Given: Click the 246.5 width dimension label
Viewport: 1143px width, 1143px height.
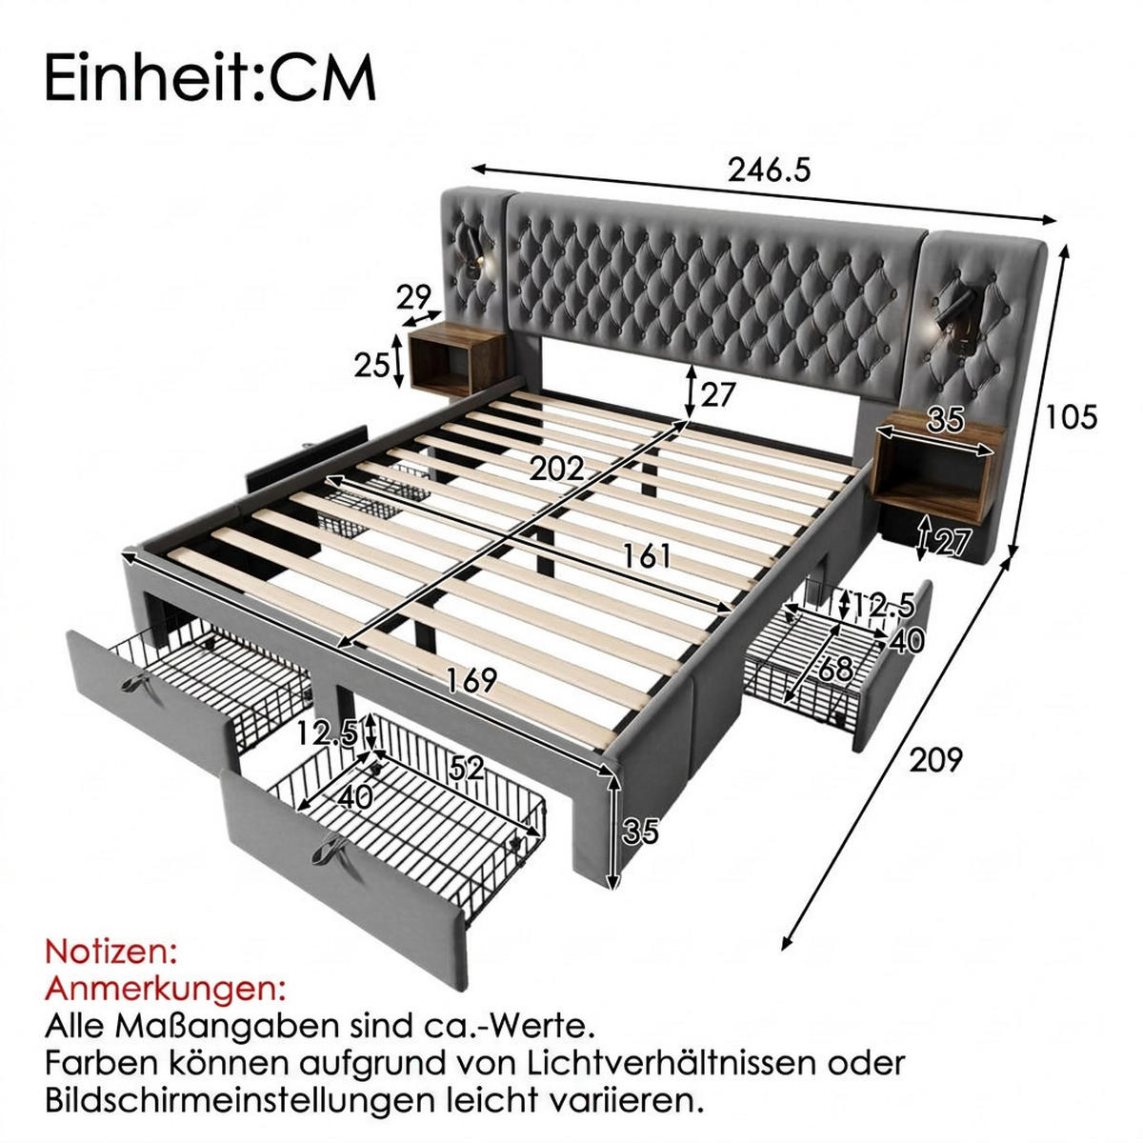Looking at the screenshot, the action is (769, 170).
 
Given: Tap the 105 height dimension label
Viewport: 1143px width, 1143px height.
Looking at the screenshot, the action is (1071, 416).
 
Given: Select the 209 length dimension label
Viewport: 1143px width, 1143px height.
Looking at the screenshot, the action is (935, 760).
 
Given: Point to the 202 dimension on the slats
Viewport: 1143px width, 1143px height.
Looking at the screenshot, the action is (556, 470).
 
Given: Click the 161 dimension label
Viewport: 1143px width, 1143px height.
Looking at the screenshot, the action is (646, 556).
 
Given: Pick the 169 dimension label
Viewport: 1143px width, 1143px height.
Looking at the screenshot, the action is (471, 680).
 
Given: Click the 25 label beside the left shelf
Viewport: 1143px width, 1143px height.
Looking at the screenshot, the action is (371, 365).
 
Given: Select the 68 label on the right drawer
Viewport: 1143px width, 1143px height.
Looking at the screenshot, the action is (835, 671).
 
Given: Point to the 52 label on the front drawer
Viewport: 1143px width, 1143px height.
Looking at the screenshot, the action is (467, 769).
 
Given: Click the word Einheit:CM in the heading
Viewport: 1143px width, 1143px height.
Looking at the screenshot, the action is (210, 79).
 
